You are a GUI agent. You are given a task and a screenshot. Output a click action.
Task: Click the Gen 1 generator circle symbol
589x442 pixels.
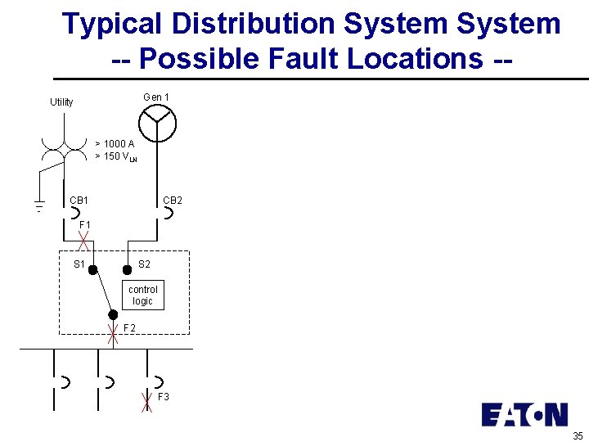[x=157, y=124]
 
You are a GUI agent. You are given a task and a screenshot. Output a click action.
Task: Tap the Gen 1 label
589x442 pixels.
[x=156, y=97]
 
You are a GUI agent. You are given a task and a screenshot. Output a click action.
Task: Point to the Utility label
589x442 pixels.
[x=61, y=102]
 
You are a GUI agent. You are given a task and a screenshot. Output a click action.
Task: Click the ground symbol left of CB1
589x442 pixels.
[x=38, y=205]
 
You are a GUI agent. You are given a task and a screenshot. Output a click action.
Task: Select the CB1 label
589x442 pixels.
[x=79, y=200]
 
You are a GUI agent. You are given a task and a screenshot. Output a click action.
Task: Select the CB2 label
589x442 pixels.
[x=173, y=200]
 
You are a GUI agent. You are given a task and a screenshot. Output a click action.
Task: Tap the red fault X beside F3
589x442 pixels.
[x=146, y=401]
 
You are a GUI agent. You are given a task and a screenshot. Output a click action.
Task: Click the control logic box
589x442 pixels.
[x=143, y=295]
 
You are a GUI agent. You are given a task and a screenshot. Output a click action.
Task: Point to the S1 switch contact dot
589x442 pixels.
[x=93, y=269]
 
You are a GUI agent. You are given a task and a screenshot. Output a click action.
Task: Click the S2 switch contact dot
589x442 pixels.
[x=127, y=269]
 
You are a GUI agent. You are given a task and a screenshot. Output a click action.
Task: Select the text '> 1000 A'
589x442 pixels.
[x=115, y=144]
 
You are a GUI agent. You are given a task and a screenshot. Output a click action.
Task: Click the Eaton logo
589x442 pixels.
[x=524, y=415]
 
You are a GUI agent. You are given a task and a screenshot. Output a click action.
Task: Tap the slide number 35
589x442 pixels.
[x=578, y=435]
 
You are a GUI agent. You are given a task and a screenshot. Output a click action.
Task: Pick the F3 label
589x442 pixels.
[x=164, y=397]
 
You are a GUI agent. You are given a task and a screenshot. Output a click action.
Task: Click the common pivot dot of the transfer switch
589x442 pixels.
[x=113, y=313]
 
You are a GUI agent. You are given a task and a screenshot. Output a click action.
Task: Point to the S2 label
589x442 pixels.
[x=144, y=264]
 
